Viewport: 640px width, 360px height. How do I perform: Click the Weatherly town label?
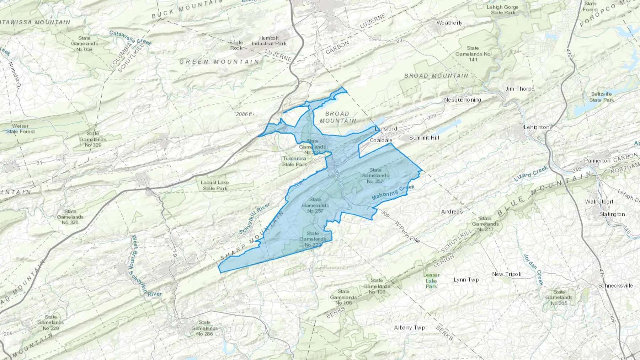(449, 23)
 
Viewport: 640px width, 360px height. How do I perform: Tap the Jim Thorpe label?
(520, 89)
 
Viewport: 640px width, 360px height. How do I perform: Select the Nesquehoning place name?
(462, 100)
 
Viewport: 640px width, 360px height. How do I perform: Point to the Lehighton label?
(536, 127)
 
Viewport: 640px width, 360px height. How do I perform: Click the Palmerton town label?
(597, 161)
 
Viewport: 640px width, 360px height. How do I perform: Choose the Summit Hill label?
(424, 138)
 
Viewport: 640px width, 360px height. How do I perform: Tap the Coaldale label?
(381, 140)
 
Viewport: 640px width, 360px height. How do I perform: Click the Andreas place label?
(452, 212)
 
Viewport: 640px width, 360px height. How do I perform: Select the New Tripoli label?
(507, 274)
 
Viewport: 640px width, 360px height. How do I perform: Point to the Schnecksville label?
(615, 286)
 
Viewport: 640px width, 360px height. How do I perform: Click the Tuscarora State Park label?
(294, 162)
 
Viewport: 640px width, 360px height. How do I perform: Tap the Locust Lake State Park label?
(215, 186)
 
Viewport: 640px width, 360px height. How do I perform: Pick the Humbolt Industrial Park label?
(269, 41)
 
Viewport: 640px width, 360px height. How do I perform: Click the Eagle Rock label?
(236, 45)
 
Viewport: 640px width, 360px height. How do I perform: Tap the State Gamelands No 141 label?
(473, 54)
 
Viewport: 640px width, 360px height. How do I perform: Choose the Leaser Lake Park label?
(431, 280)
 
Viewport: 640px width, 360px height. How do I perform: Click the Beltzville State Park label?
(601, 97)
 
